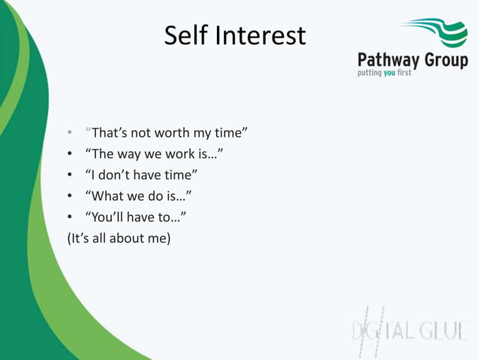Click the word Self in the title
point(185,35)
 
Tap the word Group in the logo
point(446,60)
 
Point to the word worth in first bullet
point(170,133)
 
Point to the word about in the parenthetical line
point(128,238)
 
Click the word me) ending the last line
point(160,238)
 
